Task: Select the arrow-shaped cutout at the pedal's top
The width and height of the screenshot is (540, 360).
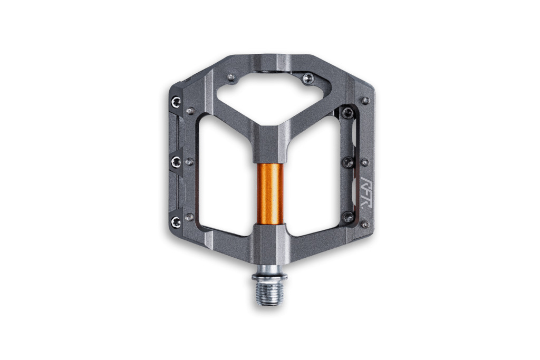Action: click(x=269, y=97)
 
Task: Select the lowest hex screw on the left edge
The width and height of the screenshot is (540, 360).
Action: click(x=175, y=220)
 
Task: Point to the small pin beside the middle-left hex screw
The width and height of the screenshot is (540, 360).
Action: click(x=190, y=162)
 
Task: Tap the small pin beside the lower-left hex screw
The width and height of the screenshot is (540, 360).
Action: click(x=190, y=216)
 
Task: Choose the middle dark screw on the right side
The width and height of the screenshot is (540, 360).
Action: click(x=347, y=162)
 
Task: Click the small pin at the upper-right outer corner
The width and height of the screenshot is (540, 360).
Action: click(x=365, y=100)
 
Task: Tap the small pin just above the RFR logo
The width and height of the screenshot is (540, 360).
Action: click(x=365, y=162)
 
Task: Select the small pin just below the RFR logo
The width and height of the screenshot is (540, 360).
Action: click(x=365, y=225)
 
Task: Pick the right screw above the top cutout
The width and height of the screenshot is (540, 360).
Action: click(x=308, y=79)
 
